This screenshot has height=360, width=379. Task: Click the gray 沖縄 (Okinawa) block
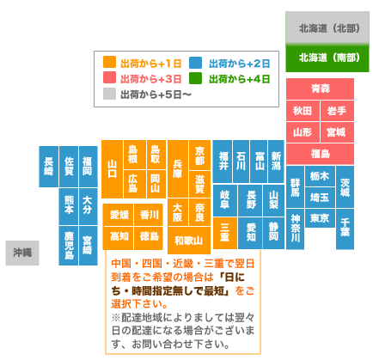22,253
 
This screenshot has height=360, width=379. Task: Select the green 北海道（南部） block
327,58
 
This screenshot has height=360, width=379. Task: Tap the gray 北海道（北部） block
327,28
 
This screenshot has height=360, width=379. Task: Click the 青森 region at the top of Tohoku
320,88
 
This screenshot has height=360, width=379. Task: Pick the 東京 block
320,218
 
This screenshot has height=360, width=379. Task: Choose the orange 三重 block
225,233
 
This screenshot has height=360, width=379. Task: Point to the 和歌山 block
189,241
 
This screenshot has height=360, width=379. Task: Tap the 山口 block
113,169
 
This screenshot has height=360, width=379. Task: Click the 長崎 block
49,167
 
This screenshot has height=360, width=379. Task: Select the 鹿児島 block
69,246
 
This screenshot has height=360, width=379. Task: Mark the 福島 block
320,154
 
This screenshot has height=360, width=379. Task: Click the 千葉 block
345,229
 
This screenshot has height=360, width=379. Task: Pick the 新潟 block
276,162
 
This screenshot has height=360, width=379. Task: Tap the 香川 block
149,215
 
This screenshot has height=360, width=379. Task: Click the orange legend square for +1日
109,62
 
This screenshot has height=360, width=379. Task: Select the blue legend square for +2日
195,63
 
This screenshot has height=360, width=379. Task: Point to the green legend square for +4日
195,78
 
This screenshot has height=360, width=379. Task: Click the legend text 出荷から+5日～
156,95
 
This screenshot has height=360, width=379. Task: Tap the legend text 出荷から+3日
151,79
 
